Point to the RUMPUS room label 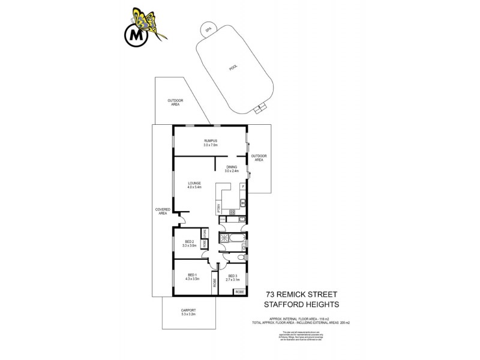[x=209, y=142]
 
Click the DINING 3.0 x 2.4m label [x=232, y=169]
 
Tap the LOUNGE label [x=193, y=185]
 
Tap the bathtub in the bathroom [x=239, y=240]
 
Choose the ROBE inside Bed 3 [x=239, y=291]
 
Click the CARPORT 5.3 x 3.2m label [x=188, y=312]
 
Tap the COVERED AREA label [x=162, y=211]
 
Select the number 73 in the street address [x=272, y=295]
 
